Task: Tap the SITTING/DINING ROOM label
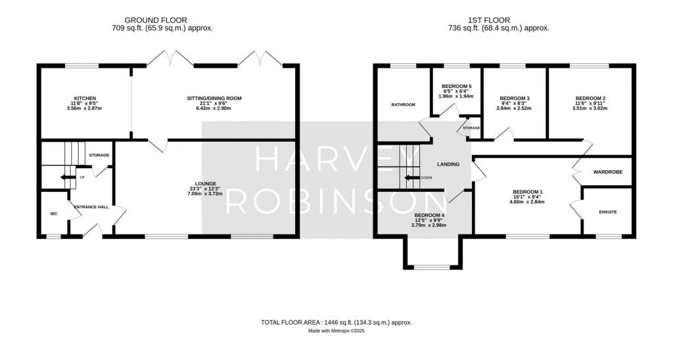(214, 99)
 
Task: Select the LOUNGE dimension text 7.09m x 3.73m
(206, 194)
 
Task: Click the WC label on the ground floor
(54, 214)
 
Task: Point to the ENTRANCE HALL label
(91, 207)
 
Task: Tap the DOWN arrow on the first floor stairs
(412, 177)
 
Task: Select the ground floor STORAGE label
(99, 155)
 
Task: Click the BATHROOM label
(403, 104)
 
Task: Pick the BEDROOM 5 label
(457, 86)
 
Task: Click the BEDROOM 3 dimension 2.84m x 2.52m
(515, 108)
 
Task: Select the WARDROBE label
(608, 172)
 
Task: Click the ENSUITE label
(608, 212)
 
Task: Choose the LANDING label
(448, 164)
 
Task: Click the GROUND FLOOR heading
(156, 20)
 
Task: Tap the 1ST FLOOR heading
(489, 20)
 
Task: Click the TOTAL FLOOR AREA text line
(336, 323)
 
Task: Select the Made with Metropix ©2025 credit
(336, 331)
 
